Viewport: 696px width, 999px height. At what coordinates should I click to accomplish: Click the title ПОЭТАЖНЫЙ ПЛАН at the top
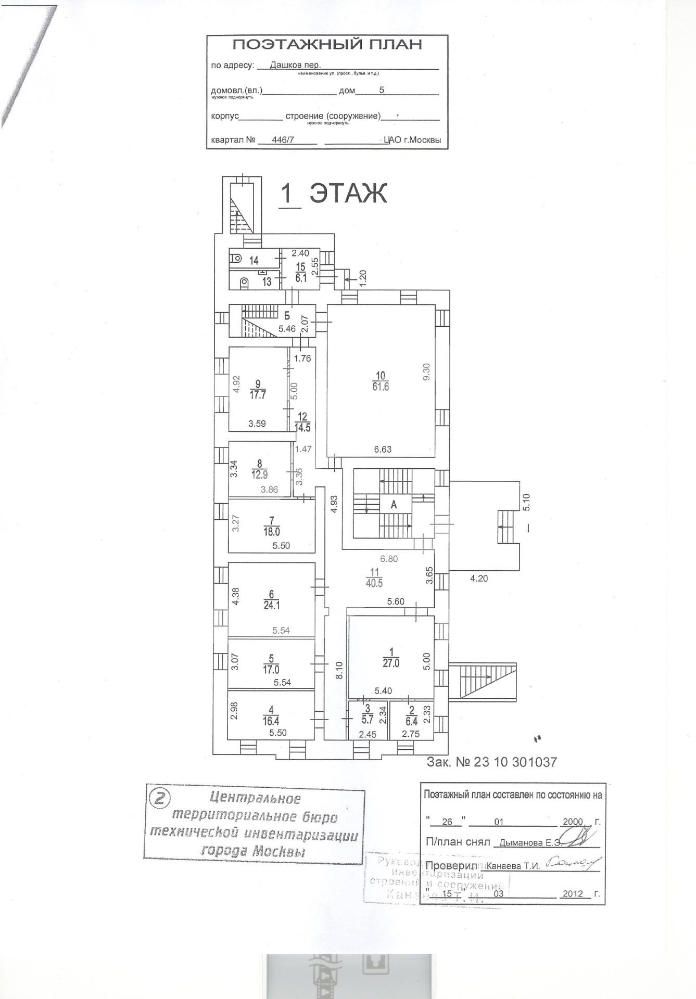[327, 45]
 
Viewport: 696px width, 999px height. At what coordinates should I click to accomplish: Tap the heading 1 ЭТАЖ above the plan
[334, 194]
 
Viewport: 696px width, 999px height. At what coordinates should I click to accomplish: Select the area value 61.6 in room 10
[381, 387]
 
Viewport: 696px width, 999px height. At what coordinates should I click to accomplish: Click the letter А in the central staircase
[394, 504]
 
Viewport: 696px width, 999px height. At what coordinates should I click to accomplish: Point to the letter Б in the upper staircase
[287, 315]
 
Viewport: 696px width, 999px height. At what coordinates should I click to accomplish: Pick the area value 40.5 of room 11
[374, 583]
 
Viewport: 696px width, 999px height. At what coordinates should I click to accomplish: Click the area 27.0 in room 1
[391, 663]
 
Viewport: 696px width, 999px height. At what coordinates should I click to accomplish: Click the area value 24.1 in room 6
[272, 606]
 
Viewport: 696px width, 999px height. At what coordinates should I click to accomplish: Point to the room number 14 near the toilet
[254, 260]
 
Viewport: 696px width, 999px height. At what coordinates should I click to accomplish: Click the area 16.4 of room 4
[271, 721]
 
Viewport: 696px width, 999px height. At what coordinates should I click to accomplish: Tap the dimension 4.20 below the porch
[479, 578]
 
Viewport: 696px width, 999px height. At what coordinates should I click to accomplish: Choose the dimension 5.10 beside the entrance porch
[526, 502]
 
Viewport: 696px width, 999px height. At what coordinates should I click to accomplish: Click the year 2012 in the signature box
[573, 894]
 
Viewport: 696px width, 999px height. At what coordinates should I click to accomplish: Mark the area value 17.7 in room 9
[258, 395]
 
